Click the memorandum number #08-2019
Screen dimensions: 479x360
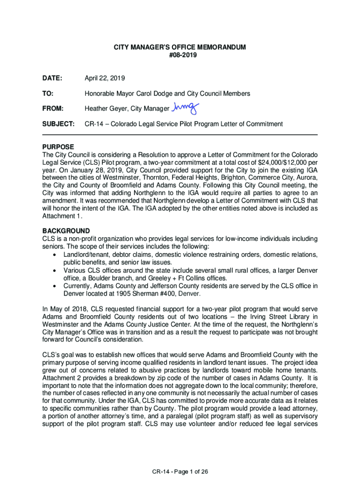tap(180, 55)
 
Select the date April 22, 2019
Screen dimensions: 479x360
tap(105, 78)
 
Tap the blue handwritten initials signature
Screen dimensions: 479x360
tap(185, 108)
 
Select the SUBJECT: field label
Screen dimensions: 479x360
tap(58, 124)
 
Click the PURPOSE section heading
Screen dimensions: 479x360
tap(58, 147)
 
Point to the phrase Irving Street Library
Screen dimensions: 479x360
tap(261, 316)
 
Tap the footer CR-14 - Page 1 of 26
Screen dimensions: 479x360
tap(180, 472)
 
